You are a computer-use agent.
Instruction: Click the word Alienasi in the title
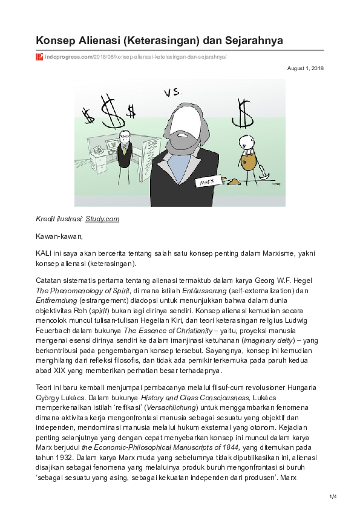click(93, 41)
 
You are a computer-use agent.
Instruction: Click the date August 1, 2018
click(306, 68)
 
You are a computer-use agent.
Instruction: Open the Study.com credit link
click(102, 219)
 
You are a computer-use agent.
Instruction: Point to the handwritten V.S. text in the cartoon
click(172, 92)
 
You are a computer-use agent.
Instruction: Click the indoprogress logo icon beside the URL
click(39, 56)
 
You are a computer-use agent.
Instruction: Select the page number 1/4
click(332, 497)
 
